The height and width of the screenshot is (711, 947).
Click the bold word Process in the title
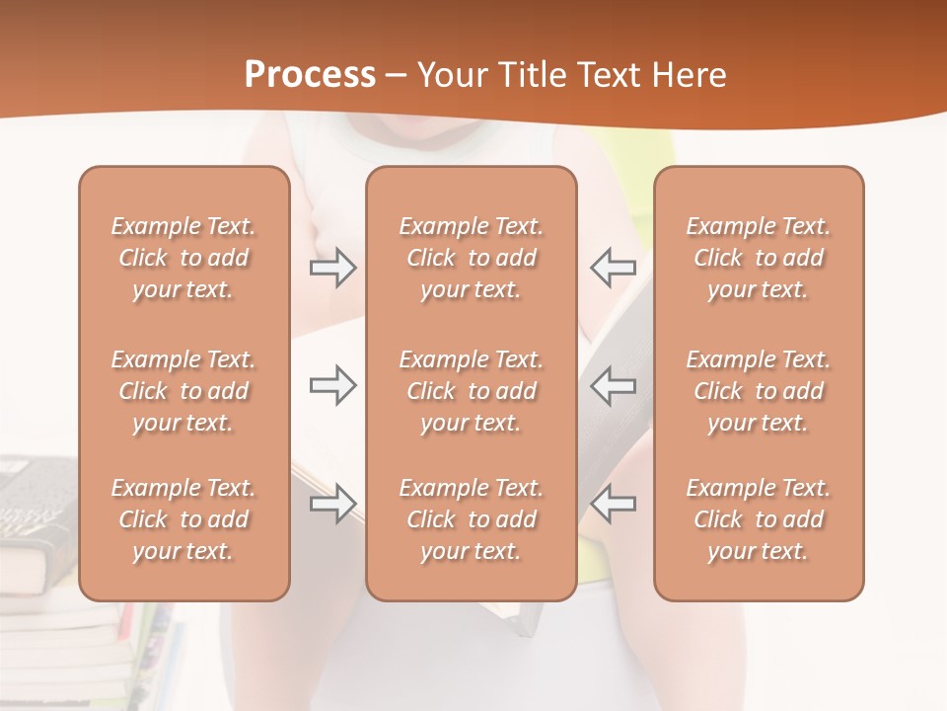(x=310, y=75)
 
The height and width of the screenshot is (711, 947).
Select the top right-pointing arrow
(x=332, y=267)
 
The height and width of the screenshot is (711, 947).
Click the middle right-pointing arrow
(x=332, y=385)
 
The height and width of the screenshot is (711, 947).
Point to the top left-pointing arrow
(x=613, y=267)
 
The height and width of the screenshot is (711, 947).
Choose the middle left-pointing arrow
(x=613, y=385)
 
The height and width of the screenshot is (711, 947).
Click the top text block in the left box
(x=183, y=258)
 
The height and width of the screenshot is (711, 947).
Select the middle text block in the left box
(x=183, y=391)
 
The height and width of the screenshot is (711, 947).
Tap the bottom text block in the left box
(x=183, y=519)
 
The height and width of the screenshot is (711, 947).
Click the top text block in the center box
(x=472, y=258)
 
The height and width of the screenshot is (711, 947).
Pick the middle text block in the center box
(x=472, y=391)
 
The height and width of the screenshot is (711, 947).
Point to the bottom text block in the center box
(x=472, y=519)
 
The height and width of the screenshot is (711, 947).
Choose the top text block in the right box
(x=759, y=258)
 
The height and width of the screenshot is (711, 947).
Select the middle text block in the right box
(x=759, y=391)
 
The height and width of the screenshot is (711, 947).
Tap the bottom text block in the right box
(x=759, y=519)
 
